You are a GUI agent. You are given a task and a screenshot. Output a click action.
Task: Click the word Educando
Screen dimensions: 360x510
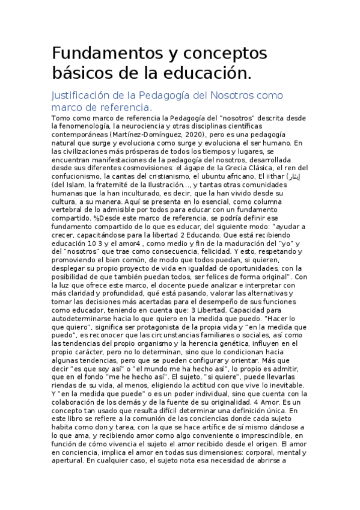(259, 235)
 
